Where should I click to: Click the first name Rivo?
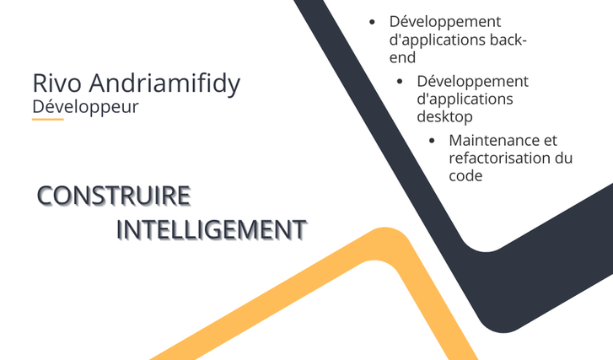coord(57,83)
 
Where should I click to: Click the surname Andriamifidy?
coord(164,84)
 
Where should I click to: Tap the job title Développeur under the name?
coord(86,107)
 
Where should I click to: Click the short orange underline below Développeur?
coord(48,119)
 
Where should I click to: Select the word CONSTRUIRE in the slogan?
coord(114,196)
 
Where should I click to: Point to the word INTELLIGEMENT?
coord(212,229)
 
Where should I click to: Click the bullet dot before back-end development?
coord(372,22)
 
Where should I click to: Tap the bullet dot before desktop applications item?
coord(400,82)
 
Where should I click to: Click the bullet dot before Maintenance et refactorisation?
coord(432,141)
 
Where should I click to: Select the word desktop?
coord(444,117)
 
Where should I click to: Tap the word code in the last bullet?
coord(465,176)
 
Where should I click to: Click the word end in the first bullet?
coord(402,57)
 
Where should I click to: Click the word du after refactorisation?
coord(564,158)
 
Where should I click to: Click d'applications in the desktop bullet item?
coord(465,99)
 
